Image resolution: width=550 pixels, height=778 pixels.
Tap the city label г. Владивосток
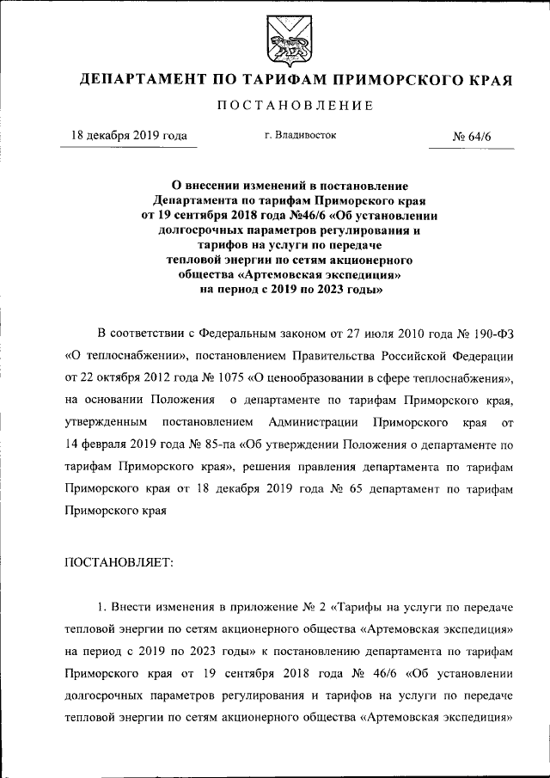pyautogui.click(x=301, y=135)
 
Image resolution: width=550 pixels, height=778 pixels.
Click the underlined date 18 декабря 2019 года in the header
pyautogui.click(x=129, y=136)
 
